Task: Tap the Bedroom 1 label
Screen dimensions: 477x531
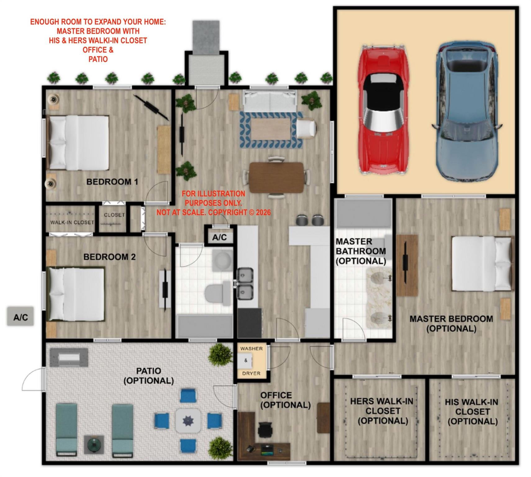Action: coord(112,182)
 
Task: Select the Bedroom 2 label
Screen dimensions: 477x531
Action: coord(109,257)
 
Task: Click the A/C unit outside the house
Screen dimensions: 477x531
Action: coord(20,317)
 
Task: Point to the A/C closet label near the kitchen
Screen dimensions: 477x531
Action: coord(220,238)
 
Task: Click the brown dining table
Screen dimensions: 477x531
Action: coord(276,177)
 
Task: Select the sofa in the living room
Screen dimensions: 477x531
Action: coord(270,101)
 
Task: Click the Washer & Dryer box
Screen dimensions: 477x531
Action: coord(251,361)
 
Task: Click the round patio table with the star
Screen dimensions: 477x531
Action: coord(188,421)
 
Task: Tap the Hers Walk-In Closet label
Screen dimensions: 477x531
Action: coord(382,411)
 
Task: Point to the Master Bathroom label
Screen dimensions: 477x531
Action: coord(361,251)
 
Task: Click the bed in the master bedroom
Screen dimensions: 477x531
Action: coord(481,263)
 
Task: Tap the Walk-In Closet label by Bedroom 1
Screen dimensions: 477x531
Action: coord(72,222)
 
